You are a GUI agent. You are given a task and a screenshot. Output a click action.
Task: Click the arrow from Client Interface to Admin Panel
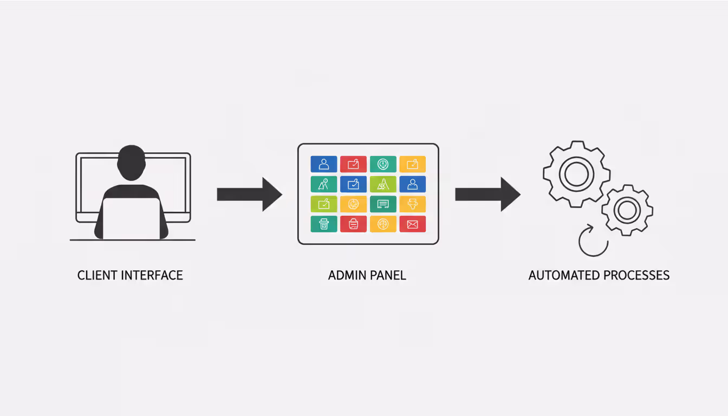[x=249, y=194]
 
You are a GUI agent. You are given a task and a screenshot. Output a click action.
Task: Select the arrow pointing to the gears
[x=487, y=194]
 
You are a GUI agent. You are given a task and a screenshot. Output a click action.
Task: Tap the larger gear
[x=576, y=174]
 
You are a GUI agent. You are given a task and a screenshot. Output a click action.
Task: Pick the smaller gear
[x=627, y=210]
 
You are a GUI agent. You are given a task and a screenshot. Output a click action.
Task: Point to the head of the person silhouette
[x=131, y=162]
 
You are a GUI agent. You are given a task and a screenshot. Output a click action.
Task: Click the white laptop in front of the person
[x=131, y=218]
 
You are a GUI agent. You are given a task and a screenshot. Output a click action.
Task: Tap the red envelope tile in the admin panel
[x=412, y=224]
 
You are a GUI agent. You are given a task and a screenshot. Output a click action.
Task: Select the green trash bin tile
[x=324, y=224]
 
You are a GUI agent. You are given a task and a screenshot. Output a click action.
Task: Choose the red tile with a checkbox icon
[x=353, y=164]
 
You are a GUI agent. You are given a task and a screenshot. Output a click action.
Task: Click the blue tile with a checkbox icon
[x=353, y=184]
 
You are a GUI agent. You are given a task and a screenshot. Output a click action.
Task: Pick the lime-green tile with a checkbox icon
[x=324, y=204]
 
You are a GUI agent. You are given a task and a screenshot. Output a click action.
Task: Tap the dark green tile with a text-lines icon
[x=383, y=204]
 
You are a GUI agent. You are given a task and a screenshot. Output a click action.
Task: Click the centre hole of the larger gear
[x=576, y=174]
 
